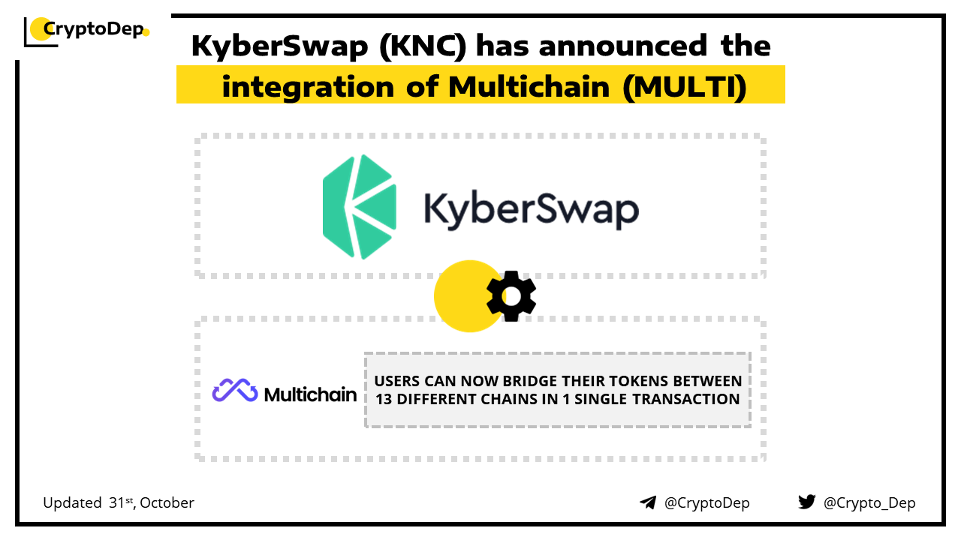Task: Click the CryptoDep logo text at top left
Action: (93, 29)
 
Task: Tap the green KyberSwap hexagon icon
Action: (360, 207)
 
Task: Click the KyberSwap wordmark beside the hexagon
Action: (532, 210)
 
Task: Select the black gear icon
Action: (511, 296)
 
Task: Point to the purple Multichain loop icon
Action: (235, 390)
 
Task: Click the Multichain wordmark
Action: (310, 394)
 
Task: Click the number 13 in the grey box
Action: (384, 400)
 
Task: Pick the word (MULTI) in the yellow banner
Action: (685, 87)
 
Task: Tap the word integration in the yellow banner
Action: (308, 87)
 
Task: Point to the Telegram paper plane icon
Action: (648, 502)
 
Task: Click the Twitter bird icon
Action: (807, 502)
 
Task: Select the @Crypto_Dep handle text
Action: (869, 502)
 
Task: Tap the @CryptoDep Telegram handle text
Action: (706, 502)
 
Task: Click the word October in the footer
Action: (167, 502)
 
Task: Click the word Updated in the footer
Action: (72, 503)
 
